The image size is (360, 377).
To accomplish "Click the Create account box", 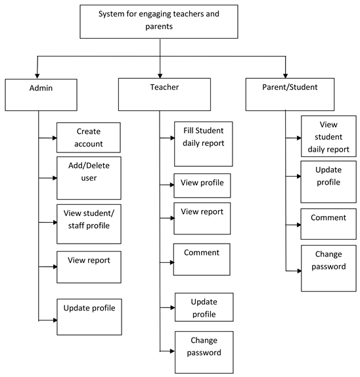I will coord(89,137).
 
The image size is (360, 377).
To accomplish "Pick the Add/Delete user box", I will coord(89,177).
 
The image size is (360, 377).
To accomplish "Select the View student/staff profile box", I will coord(89,221).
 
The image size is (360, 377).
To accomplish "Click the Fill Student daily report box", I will coord(203,143).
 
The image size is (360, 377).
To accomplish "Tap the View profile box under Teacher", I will coord(202,185).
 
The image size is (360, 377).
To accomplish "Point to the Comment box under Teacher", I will coord(202,259).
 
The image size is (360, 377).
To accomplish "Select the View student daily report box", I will coord(329,136).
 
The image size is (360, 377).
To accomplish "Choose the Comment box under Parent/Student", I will coord(328,223).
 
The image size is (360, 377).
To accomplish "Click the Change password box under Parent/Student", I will coord(328,267).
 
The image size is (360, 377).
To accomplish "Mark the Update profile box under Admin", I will coord(89,316).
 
